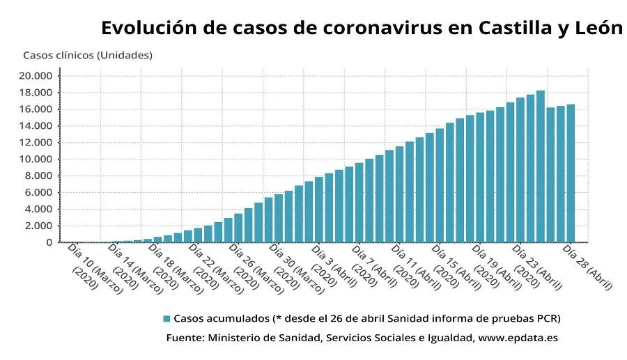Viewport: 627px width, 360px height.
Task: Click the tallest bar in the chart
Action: click(540, 166)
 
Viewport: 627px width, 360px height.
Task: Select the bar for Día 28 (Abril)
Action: click(570, 173)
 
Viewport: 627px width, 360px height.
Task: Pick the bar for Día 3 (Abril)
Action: click(318, 210)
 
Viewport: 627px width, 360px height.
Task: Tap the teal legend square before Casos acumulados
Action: click(167, 318)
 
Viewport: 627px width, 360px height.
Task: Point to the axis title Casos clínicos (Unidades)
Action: click(87, 54)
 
